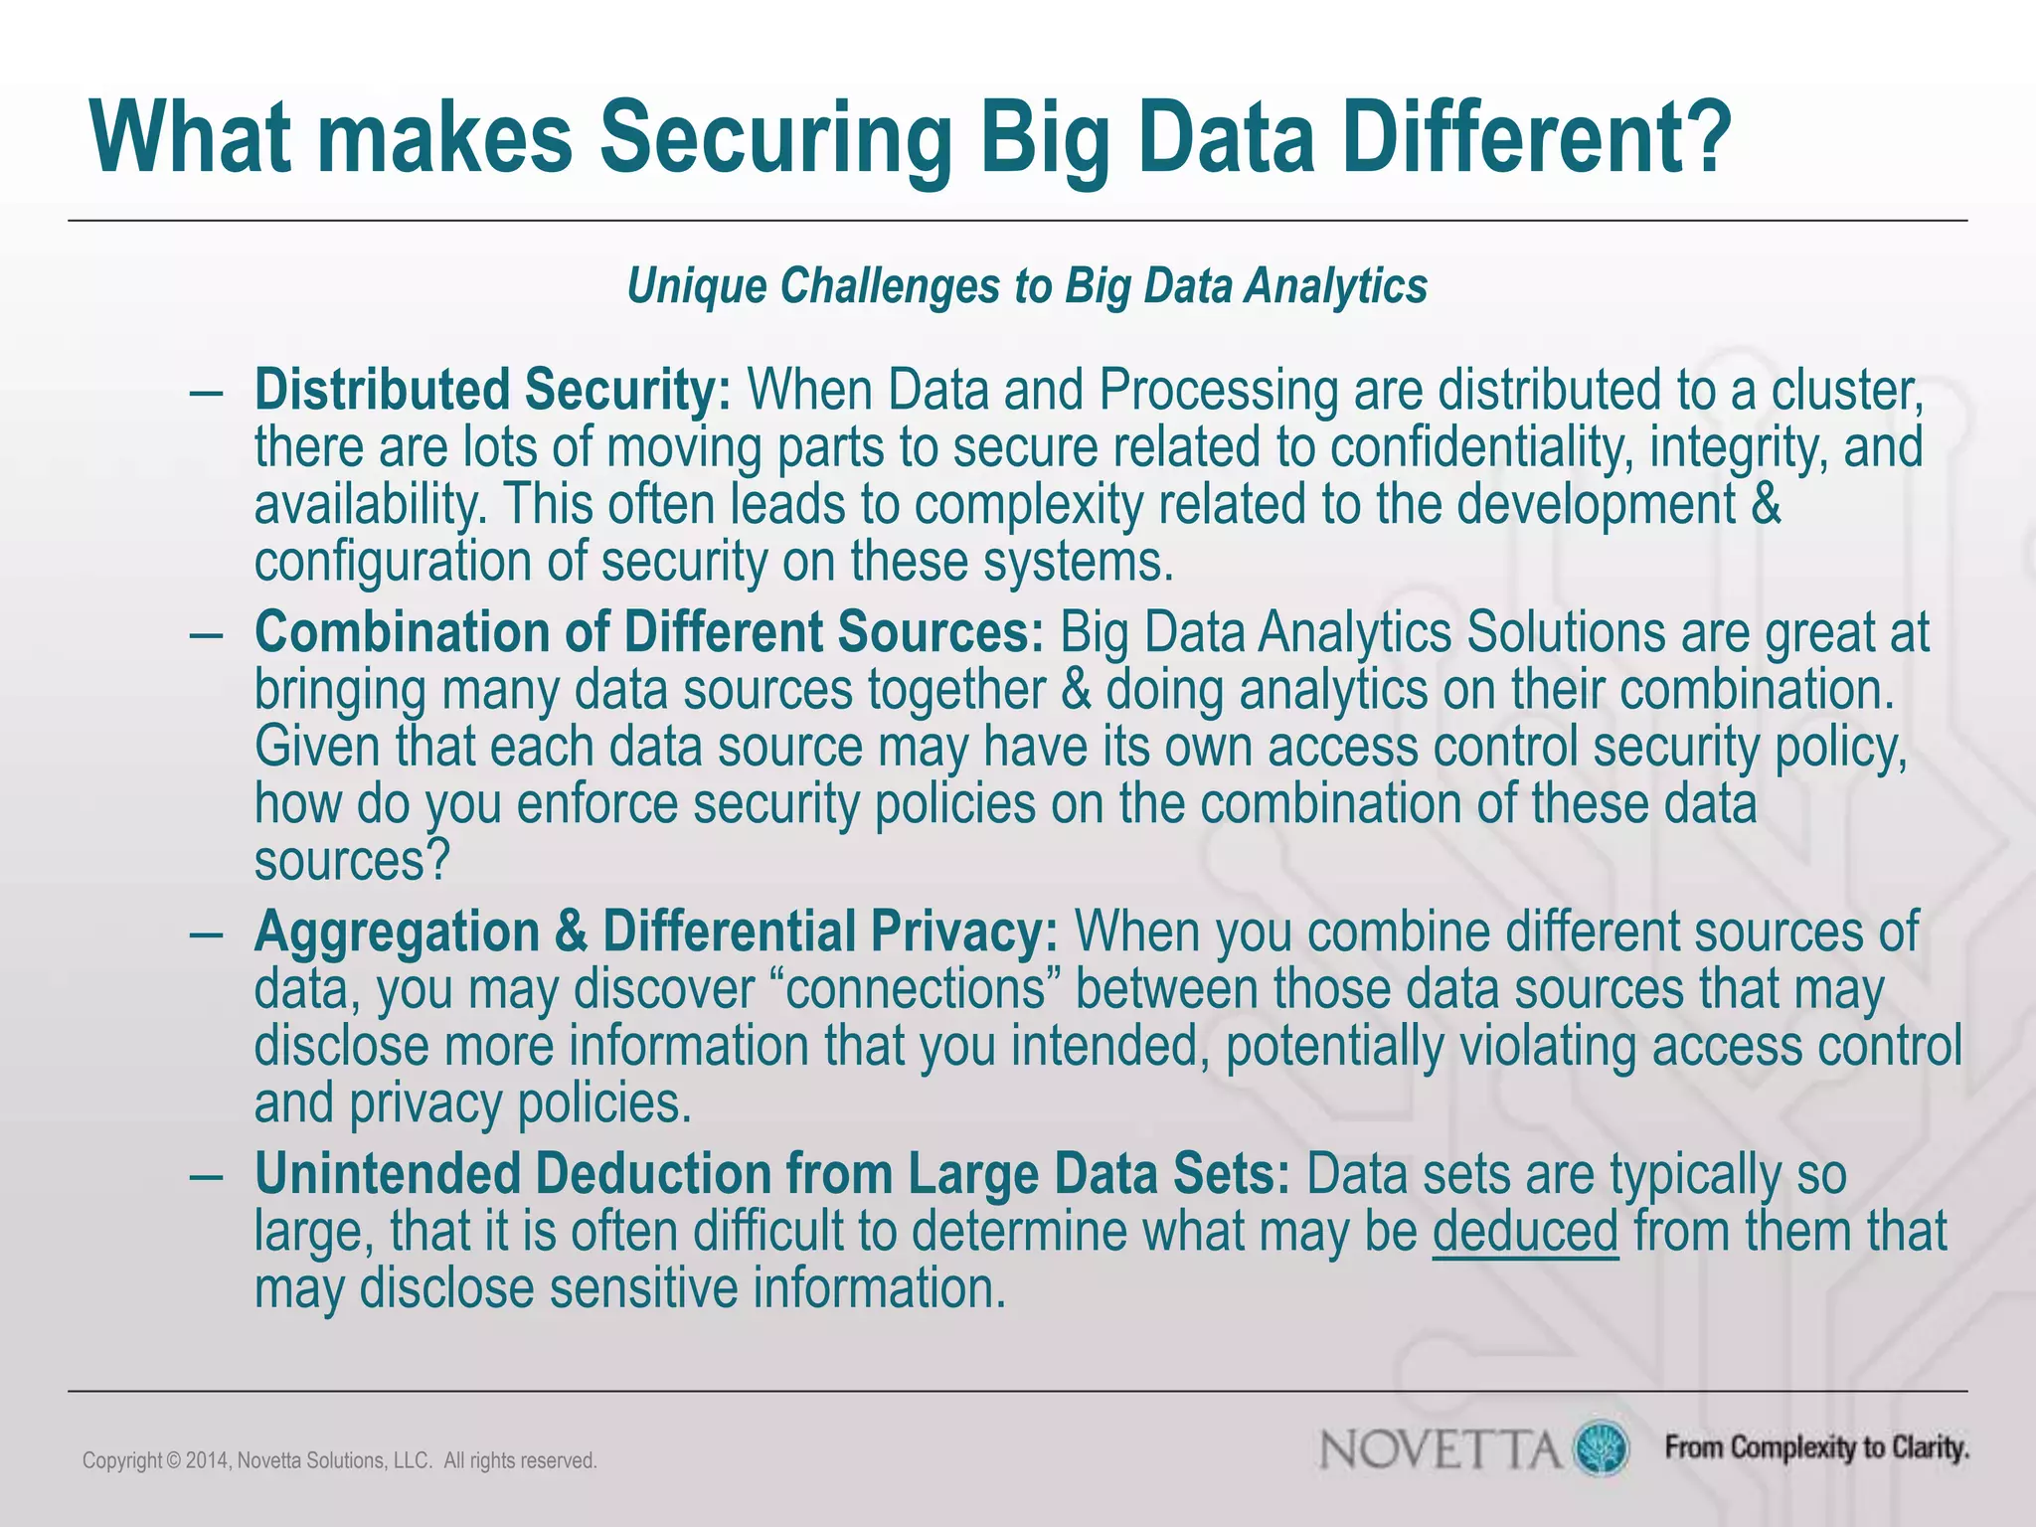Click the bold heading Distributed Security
click(x=493, y=390)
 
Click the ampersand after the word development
click(x=1765, y=504)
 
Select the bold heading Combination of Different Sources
click(x=648, y=632)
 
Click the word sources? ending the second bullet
click(x=353, y=861)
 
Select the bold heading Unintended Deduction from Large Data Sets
click(x=772, y=1174)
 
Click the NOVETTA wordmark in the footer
click(x=1441, y=1448)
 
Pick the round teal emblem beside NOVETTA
click(x=1601, y=1447)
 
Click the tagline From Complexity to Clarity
click(x=1817, y=1447)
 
